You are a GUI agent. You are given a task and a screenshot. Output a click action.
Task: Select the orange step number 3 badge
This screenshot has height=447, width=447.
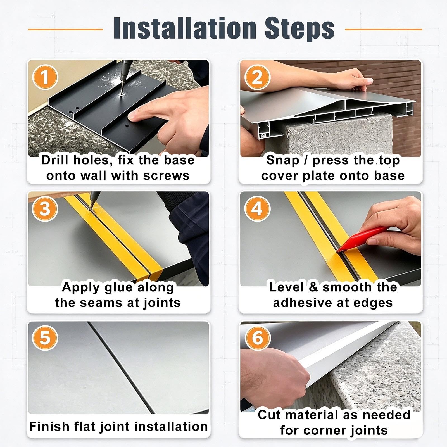pyautogui.click(x=45, y=209)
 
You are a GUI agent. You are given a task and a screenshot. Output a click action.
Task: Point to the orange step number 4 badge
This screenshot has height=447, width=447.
pyautogui.click(x=257, y=209)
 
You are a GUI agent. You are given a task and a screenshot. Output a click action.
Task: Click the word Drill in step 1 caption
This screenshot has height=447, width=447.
pyautogui.click(x=55, y=160)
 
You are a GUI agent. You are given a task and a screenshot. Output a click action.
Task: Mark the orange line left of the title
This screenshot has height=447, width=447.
pyautogui.click(x=65, y=29)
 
